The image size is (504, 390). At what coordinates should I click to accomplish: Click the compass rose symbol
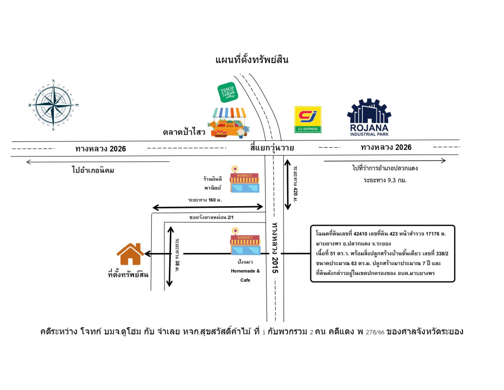(x=54, y=105)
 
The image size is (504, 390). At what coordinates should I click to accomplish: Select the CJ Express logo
(x=308, y=119)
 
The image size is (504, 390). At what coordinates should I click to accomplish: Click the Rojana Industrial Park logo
(x=369, y=117)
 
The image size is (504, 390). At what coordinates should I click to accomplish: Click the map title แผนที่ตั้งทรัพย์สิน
(x=252, y=60)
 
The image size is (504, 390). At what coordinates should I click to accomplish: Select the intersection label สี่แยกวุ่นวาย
(x=273, y=148)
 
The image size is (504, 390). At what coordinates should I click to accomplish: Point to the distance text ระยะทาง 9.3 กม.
(x=384, y=180)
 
